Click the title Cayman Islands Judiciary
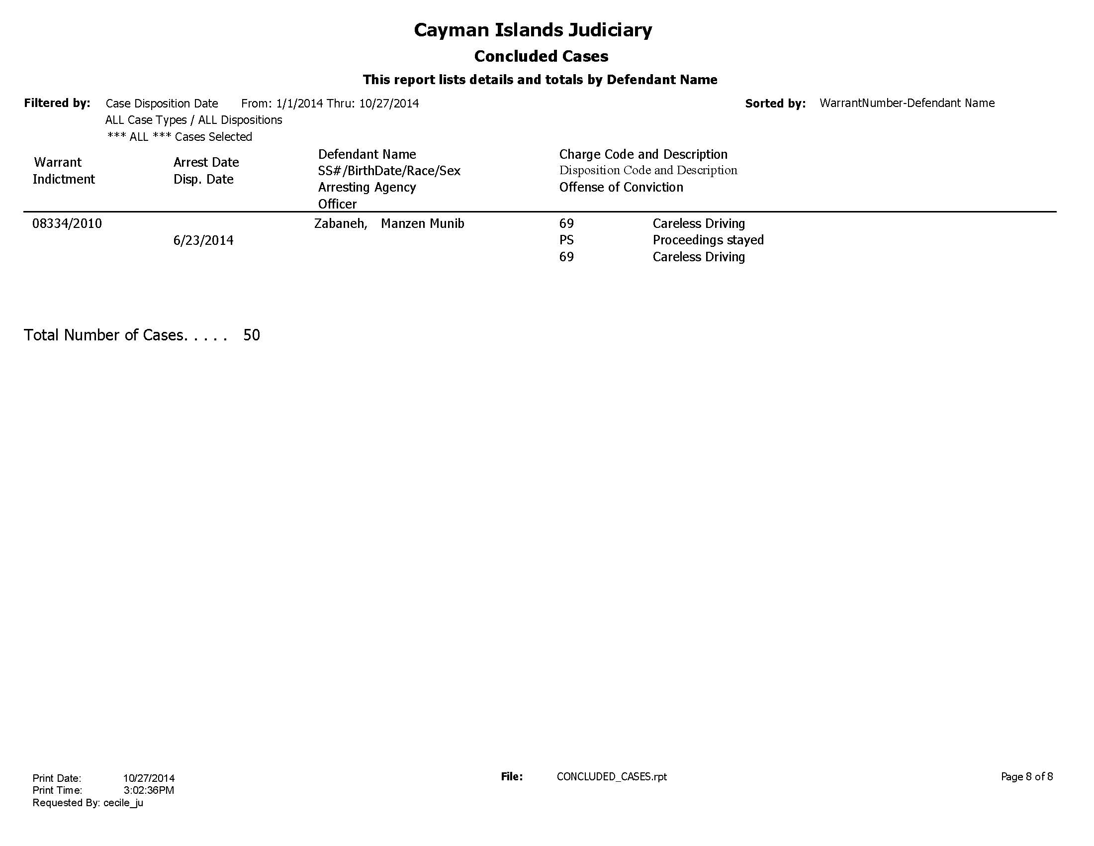pos(533,30)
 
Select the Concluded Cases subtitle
pos(541,56)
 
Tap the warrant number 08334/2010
pos(67,223)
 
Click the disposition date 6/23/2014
pos(203,240)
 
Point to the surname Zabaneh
pos(340,223)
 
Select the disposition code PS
pos(566,240)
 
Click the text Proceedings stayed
pos(708,240)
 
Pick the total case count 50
pos(252,335)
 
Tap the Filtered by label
pos(57,103)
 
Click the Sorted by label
pos(775,104)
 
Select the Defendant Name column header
pos(366,154)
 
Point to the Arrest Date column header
pos(206,162)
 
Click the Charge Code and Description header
pos(643,154)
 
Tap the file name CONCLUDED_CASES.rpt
pos(612,777)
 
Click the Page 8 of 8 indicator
pos(1026,777)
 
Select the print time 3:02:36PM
pos(149,790)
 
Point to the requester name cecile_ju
pos(123,803)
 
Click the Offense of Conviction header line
pos(621,188)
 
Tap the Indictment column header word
pos(64,180)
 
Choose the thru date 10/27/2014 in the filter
pos(389,104)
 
